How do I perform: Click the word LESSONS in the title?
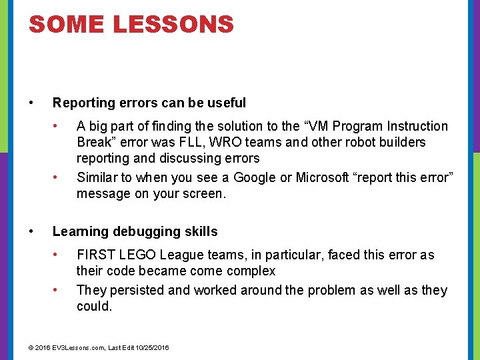click(x=173, y=25)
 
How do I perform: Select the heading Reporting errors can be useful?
click(x=149, y=103)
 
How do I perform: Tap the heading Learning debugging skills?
click(x=135, y=231)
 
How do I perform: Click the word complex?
click(x=251, y=271)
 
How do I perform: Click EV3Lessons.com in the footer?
click(x=81, y=348)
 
